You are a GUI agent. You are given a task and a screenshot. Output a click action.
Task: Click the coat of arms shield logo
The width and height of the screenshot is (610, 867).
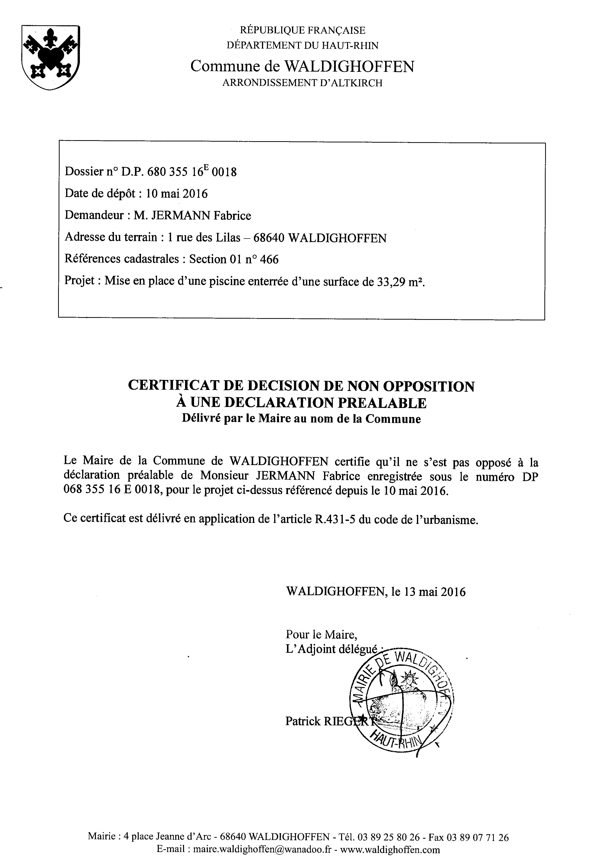click(51, 57)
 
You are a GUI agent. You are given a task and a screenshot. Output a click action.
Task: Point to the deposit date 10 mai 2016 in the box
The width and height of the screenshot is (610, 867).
click(177, 194)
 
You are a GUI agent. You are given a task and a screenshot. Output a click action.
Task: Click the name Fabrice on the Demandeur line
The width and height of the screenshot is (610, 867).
click(232, 215)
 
